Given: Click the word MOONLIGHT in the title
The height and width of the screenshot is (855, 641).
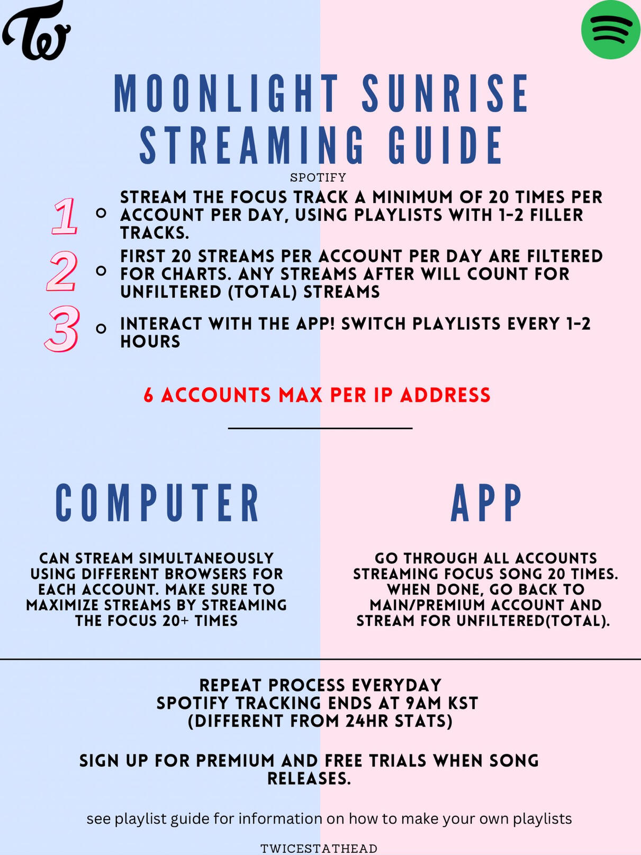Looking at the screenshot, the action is click(226, 94).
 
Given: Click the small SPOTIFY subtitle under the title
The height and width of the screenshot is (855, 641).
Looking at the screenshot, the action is click(318, 178).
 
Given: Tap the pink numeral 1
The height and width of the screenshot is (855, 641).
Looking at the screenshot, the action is click(64, 216).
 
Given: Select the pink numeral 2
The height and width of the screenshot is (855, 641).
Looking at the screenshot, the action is click(61, 272).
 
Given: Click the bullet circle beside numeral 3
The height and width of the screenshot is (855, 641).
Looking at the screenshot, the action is click(101, 329).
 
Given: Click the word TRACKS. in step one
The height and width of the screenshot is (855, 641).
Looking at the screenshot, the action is click(155, 233).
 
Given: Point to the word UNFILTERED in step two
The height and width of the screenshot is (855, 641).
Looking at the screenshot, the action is click(171, 292).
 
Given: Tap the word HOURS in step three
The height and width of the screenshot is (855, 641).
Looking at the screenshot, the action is click(150, 341).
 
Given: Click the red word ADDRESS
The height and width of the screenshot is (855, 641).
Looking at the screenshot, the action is click(445, 395).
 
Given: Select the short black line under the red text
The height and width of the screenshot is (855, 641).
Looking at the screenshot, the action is click(320, 428).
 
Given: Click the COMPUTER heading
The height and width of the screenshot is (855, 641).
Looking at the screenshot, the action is click(157, 502).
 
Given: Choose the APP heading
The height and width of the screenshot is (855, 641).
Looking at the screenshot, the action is click(486, 502).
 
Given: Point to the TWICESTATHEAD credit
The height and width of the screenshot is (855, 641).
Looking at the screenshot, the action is click(319, 848).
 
